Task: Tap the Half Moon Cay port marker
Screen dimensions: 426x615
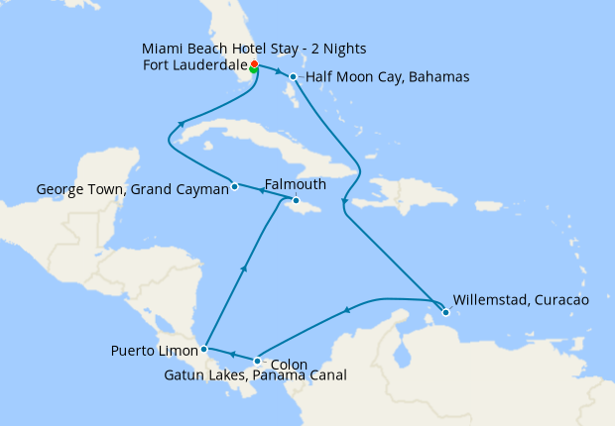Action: click(294, 76)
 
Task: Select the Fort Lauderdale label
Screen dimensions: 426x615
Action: click(195, 66)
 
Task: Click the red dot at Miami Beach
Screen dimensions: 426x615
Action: click(254, 64)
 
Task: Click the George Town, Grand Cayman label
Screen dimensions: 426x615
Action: click(132, 188)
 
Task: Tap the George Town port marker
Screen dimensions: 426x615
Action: click(234, 185)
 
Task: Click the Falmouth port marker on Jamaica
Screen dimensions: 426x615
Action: click(296, 200)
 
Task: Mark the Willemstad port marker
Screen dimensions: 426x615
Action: click(445, 312)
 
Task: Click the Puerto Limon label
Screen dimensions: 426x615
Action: click(154, 350)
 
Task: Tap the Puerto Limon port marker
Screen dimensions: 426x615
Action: click(203, 349)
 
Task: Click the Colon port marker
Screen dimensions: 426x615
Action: click(258, 361)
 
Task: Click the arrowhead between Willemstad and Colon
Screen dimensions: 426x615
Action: click(347, 310)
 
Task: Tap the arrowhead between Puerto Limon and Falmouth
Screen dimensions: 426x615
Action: click(243, 268)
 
